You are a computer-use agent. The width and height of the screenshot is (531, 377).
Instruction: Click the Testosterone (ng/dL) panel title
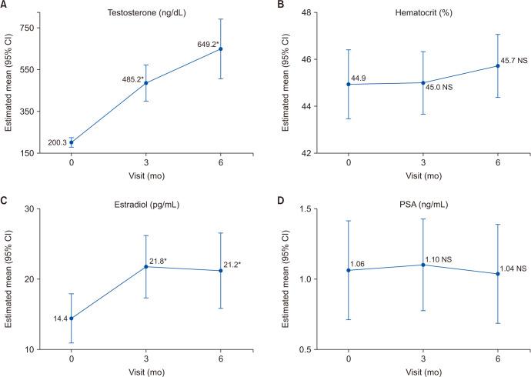[x=145, y=14]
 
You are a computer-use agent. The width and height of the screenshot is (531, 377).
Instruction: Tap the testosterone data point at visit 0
[x=72, y=142]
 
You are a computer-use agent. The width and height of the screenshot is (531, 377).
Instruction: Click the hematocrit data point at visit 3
[x=422, y=82]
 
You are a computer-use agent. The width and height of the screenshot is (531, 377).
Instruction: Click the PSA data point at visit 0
[x=348, y=270]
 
